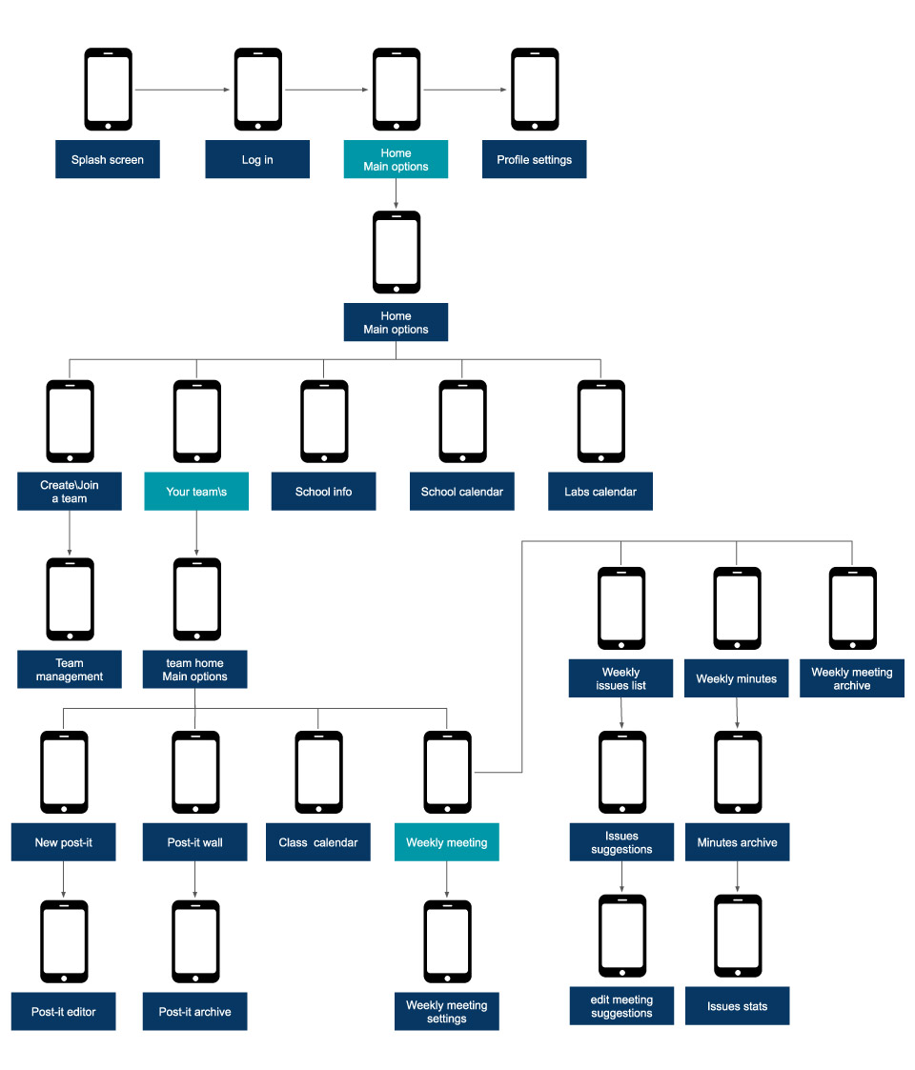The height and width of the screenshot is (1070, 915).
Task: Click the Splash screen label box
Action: pyautogui.click(x=107, y=160)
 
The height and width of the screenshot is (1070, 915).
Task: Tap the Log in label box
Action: pyautogui.click(x=257, y=160)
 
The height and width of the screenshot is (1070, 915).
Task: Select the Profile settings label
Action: pyautogui.click(x=534, y=160)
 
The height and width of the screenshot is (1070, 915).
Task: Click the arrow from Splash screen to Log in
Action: pyautogui.click(x=183, y=91)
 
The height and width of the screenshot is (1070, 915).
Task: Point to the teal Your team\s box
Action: pyautogui.click(x=196, y=492)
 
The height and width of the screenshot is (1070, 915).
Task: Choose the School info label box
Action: pyautogui.click(x=323, y=492)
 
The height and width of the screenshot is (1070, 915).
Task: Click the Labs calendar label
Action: pyautogui.click(x=600, y=492)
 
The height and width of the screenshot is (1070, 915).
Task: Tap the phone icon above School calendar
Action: pyautogui.click(x=462, y=421)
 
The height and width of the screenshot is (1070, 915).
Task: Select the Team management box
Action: pyautogui.click(x=70, y=670)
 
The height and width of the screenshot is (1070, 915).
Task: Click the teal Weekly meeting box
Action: pyautogui.click(x=446, y=842)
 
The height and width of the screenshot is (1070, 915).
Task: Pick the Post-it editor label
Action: pyautogui.click(x=64, y=1011)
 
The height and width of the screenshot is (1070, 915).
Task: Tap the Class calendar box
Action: pyautogui.click(x=318, y=842)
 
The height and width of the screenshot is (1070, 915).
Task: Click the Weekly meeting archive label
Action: pyautogui.click(x=851, y=678)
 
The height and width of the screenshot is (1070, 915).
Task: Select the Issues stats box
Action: pyautogui.click(x=737, y=1006)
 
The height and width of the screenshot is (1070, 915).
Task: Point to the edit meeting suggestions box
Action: pyautogui.click(x=621, y=1006)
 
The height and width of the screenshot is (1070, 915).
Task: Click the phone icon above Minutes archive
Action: pyautogui.click(x=738, y=773)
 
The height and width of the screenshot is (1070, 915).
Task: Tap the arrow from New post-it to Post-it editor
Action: pyautogui.click(x=64, y=880)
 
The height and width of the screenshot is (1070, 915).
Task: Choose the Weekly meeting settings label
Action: pyautogui.click(x=446, y=1011)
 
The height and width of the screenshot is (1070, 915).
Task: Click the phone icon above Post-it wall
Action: pyautogui.click(x=195, y=773)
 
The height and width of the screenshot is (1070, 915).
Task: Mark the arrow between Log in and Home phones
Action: pyautogui.click(x=327, y=91)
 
